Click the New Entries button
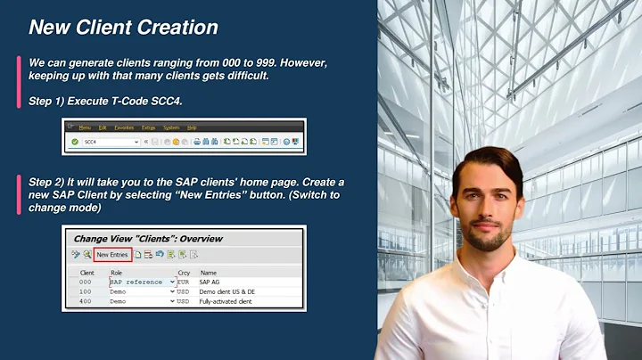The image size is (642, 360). point(113,255)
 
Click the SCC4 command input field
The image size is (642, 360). point(109,142)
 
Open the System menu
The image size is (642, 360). point(171,127)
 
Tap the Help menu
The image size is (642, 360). point(192,127)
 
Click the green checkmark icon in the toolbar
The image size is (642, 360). point(74,142)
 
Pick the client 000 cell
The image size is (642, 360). point(86,282)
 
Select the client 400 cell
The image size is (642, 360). point(86,301)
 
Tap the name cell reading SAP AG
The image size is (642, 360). point(212,282)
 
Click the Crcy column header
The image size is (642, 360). point(184,272)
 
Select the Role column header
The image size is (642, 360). point(116,272)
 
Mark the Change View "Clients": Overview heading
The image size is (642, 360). point(148,239)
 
